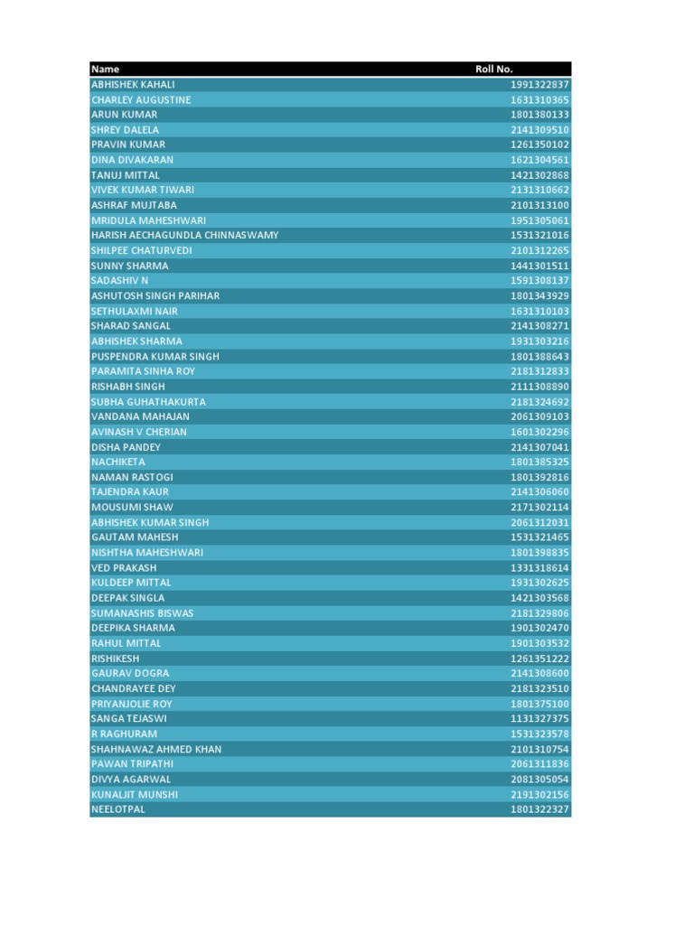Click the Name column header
coord(106,70)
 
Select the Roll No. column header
coord(494,70)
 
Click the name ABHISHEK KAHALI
coord(133,85)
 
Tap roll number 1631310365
coord(539,100)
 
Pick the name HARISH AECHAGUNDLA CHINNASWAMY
coord(184,236)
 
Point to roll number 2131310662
coord(539,191)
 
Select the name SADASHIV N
coord(120,281)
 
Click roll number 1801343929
coord(539,296)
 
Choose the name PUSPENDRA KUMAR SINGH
coord(155,357)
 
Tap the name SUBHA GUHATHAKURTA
coord(148,402)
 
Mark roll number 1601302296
coord(539,432)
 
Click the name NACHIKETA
coord(118,462)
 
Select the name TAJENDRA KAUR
coord(130,492)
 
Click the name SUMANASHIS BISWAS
coord(143,613)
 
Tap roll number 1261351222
coord(539,659)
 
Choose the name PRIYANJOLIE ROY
coord(132,704)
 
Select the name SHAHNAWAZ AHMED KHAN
coord(156,749)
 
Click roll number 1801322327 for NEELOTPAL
coord(539,809)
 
